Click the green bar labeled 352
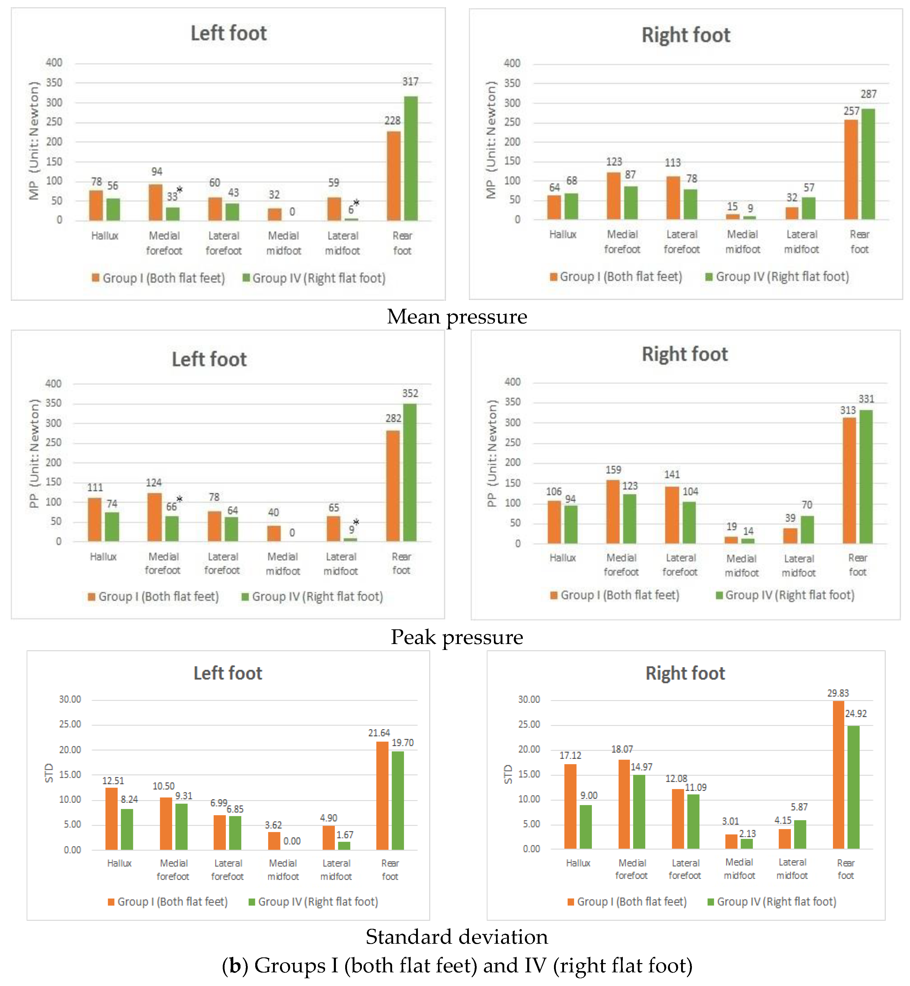pos(410,473)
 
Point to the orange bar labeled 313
pos(849,480)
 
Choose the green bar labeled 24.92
pos(853,787)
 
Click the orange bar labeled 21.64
pos(382,796)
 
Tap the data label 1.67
pos(345,835)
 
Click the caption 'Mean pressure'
pos(457,316)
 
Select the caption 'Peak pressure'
pos(457,637)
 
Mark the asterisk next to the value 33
pos(180,189)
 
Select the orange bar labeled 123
pos(614,196)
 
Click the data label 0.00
pos(292,841)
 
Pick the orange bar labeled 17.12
pos(570,806)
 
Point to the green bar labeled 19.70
pos(398,800)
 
